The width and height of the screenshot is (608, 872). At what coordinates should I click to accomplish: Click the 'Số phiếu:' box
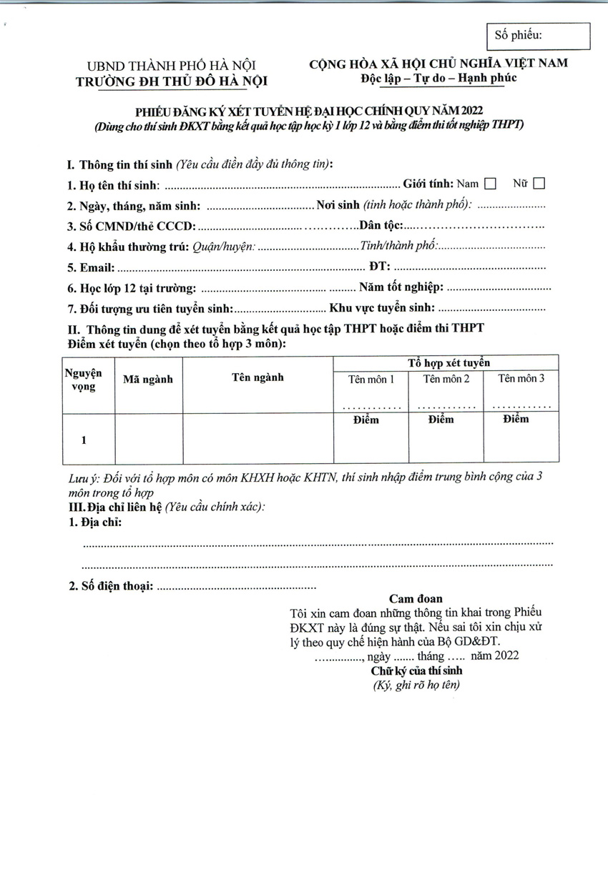tap(538, 36)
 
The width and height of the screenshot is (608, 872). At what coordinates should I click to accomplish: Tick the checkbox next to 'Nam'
tap(490, 184)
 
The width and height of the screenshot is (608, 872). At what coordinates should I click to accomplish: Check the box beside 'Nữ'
tap(539, 184)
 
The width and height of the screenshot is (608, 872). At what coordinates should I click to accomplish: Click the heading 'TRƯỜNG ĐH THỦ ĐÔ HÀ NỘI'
tap(171, 81)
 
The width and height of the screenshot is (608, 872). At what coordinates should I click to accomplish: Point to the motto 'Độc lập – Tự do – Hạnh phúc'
tap(438, 77)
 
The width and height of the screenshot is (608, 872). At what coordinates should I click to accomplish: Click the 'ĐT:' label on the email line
tap(379, 267)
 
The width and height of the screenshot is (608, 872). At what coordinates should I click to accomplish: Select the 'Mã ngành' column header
tap(148, 380)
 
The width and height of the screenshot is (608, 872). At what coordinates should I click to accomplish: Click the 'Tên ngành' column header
tap(258, 377)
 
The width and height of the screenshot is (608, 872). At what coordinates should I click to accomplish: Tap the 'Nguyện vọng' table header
tap(84, 380)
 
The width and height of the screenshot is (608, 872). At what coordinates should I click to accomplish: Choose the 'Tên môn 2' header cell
tap(446, 379)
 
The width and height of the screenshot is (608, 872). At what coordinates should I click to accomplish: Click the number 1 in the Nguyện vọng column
tap(84, 440)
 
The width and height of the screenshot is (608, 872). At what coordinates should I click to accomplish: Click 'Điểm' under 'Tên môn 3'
tap(516, 419)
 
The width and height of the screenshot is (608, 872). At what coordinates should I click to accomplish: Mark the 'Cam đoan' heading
tap(416, 598)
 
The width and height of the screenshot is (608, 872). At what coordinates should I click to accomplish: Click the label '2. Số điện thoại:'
tap(111, 587)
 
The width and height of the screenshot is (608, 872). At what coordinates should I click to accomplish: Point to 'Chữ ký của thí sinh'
tap(416, 670)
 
